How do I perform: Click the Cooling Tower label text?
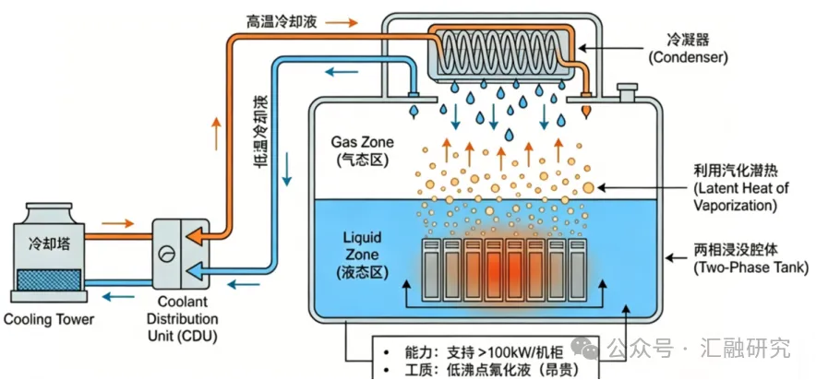49,318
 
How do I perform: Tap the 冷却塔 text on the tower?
49,243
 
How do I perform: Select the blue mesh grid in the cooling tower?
49,279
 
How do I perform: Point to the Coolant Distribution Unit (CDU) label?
182,318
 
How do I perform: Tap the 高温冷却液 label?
281,22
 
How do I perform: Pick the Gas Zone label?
362,149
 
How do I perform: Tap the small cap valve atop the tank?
625,92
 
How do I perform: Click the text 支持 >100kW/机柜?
504,353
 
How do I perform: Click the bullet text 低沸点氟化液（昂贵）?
512,371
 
